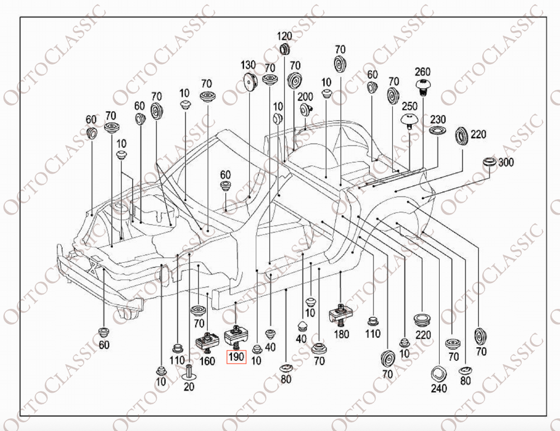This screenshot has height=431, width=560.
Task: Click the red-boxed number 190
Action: [x=236, y=358]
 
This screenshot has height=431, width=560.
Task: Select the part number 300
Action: [x=506, y=162]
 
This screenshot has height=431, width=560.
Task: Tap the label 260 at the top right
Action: [x=423, y=72]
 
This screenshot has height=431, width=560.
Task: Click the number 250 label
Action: [x=410, y=106]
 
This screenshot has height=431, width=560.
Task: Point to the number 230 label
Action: [x=437, y=119]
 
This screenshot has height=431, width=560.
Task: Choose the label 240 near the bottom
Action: [x=439, y=388]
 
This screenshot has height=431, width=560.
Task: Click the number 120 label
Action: [x=284, y=37]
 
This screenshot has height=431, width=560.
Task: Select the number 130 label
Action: [x=249, y=65]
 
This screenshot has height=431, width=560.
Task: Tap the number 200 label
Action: [x=305, y=96]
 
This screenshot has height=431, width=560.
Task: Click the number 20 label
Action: [x=189, y=386]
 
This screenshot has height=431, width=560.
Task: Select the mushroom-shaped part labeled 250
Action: [x=409, y=119]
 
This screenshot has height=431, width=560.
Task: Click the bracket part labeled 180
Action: [x=340, y=314]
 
